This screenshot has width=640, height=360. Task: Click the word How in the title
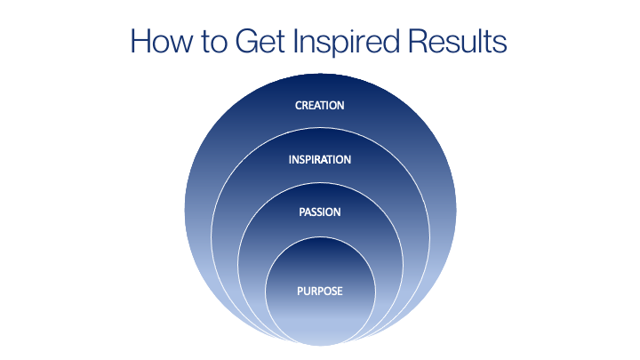(161, 41)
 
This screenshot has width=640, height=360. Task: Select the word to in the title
(214, 43)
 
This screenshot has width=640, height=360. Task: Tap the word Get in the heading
(260, 41)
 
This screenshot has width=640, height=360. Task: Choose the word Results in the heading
(458, 41)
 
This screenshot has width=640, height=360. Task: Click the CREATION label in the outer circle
(320, 105)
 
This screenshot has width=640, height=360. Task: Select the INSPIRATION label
(320, 160)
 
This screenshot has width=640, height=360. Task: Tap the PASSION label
(320, 212)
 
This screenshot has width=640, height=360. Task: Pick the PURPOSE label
(320, 291)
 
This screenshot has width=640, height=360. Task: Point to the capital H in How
(140, 41)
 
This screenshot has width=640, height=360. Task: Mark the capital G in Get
(247, 41)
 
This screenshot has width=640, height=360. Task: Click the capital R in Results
(419, 41)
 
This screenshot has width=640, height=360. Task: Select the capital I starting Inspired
(296, 41)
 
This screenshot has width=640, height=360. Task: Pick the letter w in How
(180, 44)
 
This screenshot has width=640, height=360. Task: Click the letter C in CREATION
(299, 105)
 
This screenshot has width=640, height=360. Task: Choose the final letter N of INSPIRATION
(347, 160)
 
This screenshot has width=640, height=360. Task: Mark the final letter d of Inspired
(390, 41)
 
